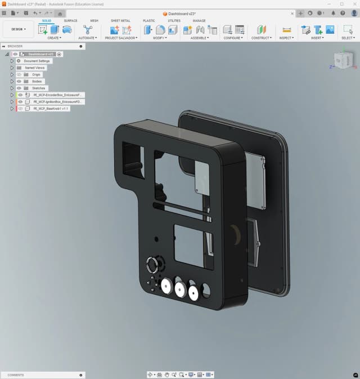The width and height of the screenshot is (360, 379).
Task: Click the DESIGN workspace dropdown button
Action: tap(19, 29)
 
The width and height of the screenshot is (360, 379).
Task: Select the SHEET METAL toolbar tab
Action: tap(120, 21)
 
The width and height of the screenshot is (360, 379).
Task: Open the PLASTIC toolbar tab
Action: tap(149, 21)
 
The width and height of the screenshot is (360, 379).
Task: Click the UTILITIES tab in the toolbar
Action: tap(174, 21)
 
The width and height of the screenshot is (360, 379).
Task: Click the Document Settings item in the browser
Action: tap(37, 61)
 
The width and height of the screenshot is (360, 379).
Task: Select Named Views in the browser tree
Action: tap(35, 68)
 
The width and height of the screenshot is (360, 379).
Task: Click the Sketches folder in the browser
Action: tap(38, 88)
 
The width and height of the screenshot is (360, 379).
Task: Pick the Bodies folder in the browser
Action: tap(37, 81)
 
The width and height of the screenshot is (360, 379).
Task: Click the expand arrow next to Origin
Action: tap(12, 74)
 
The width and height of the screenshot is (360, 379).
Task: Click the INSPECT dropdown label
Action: tap(286, 38)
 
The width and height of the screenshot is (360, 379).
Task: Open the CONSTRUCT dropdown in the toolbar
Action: tap(261, 38)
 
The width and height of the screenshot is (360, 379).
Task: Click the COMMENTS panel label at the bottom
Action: tap(16, 374)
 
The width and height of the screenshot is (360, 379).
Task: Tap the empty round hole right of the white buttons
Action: tap(206, 290)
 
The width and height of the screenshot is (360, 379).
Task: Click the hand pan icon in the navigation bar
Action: tap(167, 374)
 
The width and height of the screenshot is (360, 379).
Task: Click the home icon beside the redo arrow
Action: tap(60, 13)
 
